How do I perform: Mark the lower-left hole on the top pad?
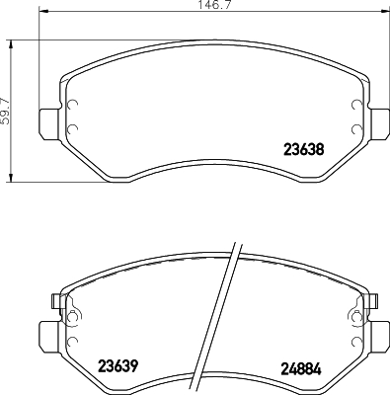pyautogui.click(x=70, y=127)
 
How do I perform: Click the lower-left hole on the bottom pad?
pyautogui.click(x=70, y=336)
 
